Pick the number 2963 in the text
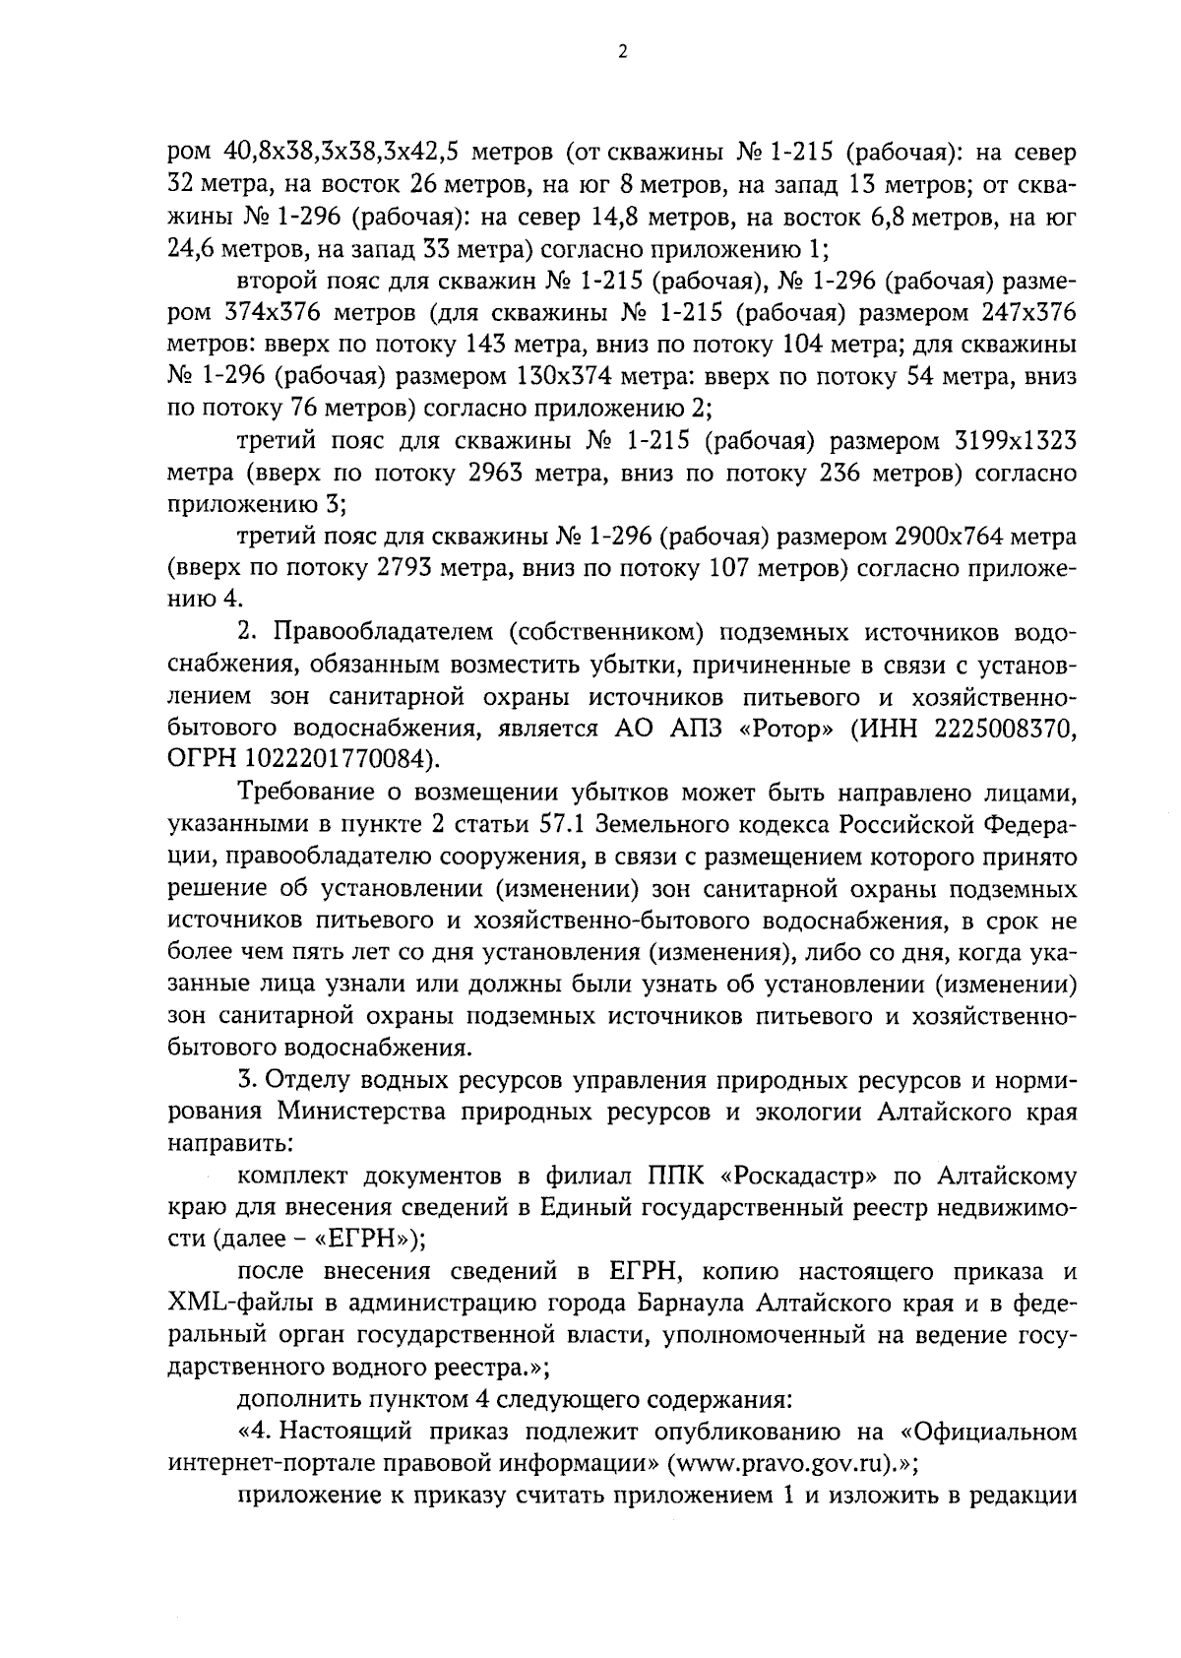[x=494, y=474]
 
